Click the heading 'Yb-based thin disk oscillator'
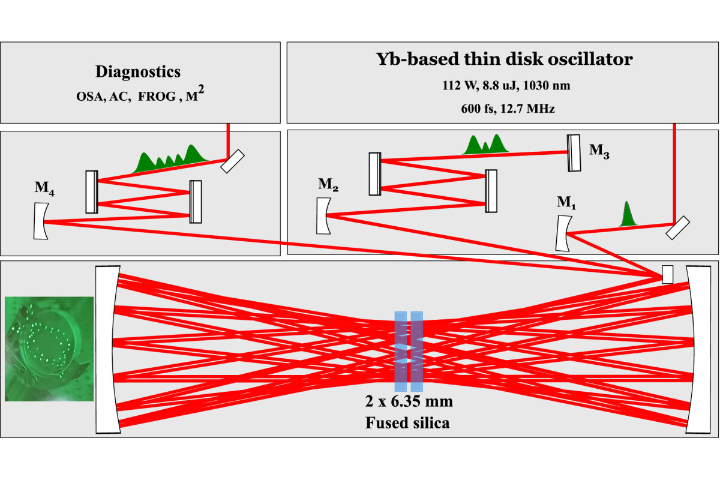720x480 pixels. click(503, 59)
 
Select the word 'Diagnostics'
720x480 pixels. click(137, 72)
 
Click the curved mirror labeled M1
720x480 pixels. click(562, 233)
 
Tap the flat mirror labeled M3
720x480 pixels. click(574, 152)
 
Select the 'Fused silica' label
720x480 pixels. click(407, 422)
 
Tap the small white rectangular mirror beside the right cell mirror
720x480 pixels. click(667, 274)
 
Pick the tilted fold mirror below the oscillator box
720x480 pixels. click(677, 229)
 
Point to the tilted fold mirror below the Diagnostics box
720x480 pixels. click(232, 161)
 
